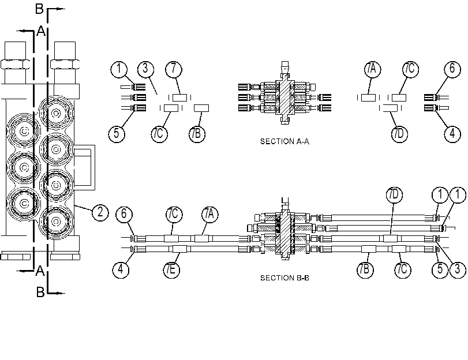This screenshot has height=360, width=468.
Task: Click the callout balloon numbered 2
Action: point(100,212)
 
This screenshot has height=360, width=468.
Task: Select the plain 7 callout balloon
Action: point(174,69)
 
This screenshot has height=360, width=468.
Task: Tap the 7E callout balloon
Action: point(171,269)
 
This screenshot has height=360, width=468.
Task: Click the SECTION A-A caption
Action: point(284,141)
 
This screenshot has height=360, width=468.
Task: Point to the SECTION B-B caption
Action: point(284,278)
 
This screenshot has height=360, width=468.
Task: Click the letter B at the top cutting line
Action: point(39,9)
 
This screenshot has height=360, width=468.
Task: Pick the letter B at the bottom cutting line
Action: point(40,292)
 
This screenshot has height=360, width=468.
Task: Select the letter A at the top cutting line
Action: point(41,31)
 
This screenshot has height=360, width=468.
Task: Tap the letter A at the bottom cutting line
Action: point(40,271)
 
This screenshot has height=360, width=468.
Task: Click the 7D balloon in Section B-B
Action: point(394,194)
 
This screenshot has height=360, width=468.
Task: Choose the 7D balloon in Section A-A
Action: point(399,133)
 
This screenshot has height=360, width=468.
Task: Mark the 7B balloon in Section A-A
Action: point(197,133)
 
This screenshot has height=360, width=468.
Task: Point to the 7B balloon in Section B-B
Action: point(365,269)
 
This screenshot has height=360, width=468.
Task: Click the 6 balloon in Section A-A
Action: point(452,69)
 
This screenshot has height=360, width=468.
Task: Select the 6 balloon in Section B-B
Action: point(124,214)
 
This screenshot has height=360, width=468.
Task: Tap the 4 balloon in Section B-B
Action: point(121,269)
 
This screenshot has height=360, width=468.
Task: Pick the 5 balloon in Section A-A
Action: point(117,133)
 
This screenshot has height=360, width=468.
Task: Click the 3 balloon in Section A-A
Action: point(145,69)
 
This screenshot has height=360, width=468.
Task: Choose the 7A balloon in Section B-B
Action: point(209,214)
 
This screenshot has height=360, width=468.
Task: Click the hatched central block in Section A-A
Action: point(284,97)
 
